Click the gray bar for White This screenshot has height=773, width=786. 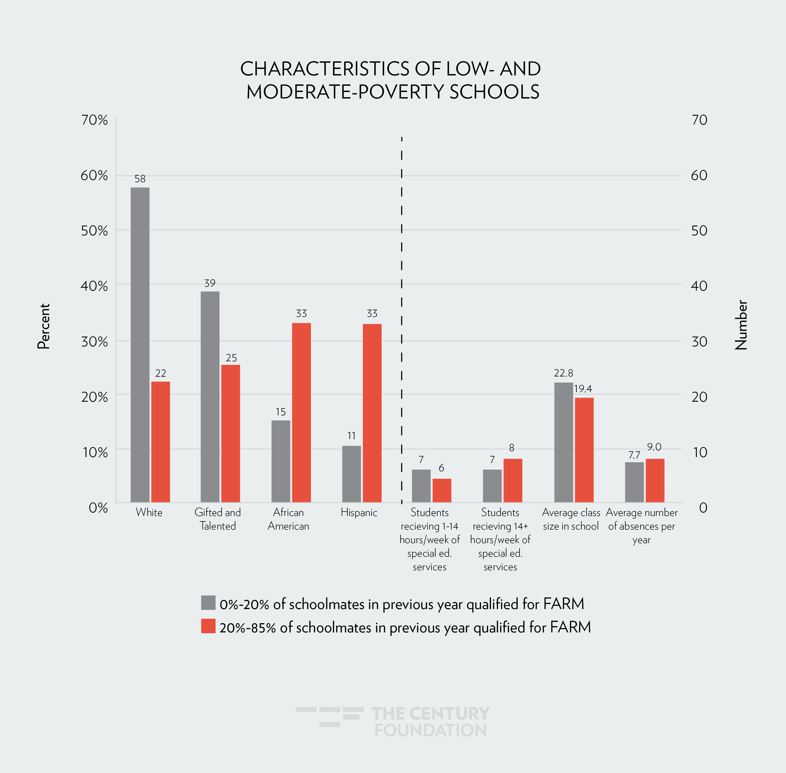[140, 345]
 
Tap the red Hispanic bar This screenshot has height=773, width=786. [372, 413]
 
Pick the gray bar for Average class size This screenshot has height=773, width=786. [563, 442]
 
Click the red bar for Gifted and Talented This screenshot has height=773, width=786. [231, 434]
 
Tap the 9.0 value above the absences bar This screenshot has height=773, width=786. [654, 447]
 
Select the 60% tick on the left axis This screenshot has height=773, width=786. [94, 175]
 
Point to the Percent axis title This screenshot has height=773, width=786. [43, 326]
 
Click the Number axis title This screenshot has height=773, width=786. [741, 325]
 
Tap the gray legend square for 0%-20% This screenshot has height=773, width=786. [208, 603]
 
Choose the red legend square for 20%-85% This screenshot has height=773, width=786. [208, 626]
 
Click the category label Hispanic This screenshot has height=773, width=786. [359, 512]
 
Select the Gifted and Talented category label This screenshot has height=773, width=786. [218, 519]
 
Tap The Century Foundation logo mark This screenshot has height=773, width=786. [329, 717]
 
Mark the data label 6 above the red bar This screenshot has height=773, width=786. [441, 468]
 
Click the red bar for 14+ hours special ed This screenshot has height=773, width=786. [513, 480]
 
